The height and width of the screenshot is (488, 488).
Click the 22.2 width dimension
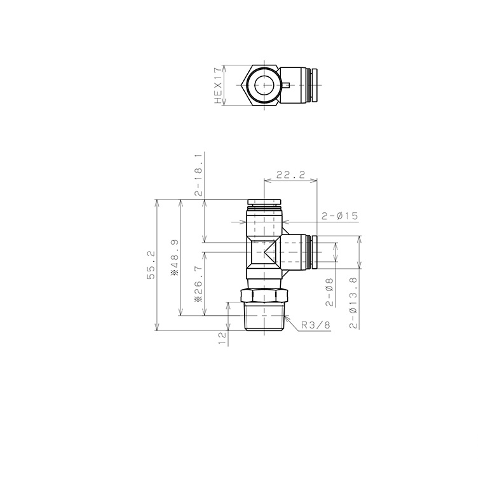[289, 175]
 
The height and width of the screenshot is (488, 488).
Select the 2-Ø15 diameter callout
[340, 216]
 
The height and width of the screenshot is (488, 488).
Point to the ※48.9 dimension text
[174, 257]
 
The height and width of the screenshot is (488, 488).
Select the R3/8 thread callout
[316, 325]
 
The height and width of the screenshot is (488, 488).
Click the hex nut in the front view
[264, 296]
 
